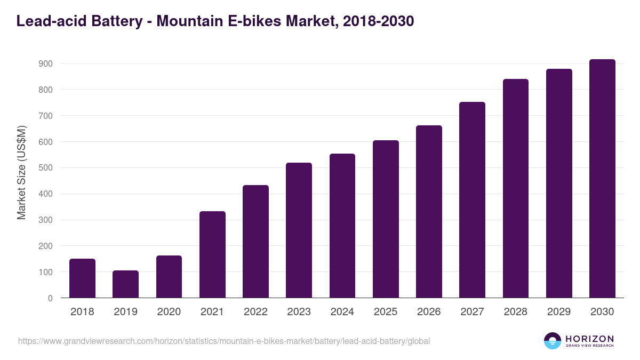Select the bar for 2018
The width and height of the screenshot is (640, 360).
[x=82, y=278]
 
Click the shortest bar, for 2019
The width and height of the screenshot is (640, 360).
[x=125, y=284]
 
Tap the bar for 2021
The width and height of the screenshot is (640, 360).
[x=212, y=254]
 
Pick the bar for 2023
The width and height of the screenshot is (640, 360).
[x=299, y=230]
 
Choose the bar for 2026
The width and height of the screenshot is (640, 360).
[x=429, y=212]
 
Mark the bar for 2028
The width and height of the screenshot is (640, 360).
[x=515, y=188]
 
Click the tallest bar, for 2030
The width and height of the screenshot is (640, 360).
[x=602, y=179]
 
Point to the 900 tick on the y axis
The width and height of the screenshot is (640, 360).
[x=46, y=64]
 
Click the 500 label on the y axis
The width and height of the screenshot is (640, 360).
[x=46, y=168]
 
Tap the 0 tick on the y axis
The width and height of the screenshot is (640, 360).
[x=50, y=298]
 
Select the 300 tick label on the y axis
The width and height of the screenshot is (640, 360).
[x=46, y=220]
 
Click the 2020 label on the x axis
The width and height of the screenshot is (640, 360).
[x=169, y=312]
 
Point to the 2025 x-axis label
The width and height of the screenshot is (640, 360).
[x=386, y=312]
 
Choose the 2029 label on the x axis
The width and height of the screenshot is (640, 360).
[x=559, y=312]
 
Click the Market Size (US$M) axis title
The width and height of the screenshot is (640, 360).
[x=21, y=173]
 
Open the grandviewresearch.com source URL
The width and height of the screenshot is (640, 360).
[x=224, y=341]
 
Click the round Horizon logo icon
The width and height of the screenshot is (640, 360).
[x=553, y=341]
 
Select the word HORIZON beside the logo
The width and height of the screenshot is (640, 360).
[x=589, y=339]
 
